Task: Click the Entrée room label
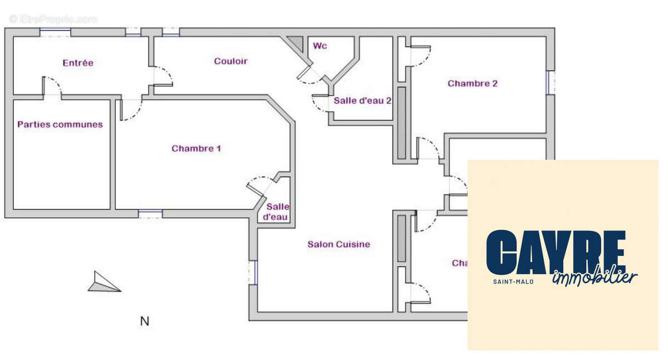78,63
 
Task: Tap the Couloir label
230,61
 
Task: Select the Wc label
320,46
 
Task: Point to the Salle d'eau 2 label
362,101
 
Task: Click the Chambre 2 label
473,83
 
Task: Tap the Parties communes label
60,125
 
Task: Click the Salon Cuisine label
338,244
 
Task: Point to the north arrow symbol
104,282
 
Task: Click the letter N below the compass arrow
145,321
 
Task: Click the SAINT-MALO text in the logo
513,282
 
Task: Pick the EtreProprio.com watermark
53,19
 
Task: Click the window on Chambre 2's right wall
550,82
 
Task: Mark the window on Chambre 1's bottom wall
150,214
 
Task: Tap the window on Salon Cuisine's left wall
253,272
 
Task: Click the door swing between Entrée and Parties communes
53,86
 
